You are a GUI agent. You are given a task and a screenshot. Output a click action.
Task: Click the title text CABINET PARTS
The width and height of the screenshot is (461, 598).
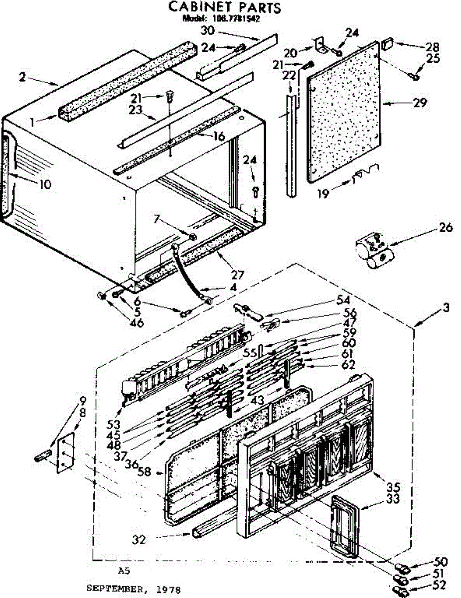click(x=224, y=7)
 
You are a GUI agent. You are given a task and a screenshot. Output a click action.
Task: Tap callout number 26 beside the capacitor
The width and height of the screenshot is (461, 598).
click(x=446, y=228)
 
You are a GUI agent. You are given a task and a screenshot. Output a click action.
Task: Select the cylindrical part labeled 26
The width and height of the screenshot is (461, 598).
click(x=374, y=252)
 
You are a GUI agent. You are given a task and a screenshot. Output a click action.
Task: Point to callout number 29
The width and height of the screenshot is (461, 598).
click(x=420, y=103)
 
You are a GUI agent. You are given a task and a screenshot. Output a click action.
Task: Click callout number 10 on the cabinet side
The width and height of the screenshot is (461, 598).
click(x=44, y=184)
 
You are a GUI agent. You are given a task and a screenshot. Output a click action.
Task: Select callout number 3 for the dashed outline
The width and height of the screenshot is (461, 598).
click(x=446, y=307)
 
